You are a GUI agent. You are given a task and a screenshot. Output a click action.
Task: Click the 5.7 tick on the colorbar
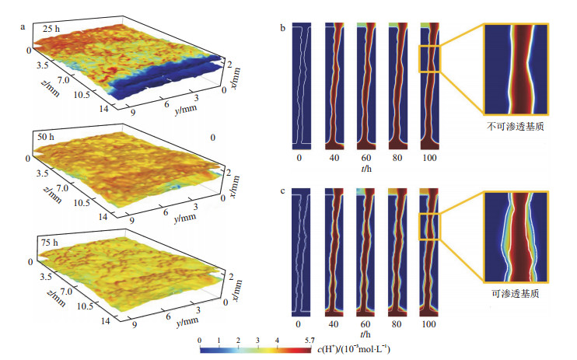[309, 340]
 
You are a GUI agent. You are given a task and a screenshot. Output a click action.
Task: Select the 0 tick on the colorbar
[201, 340]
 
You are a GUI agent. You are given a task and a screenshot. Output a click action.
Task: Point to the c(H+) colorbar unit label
[357, 349]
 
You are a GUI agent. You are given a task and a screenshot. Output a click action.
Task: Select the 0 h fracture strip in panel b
[299, 86]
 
